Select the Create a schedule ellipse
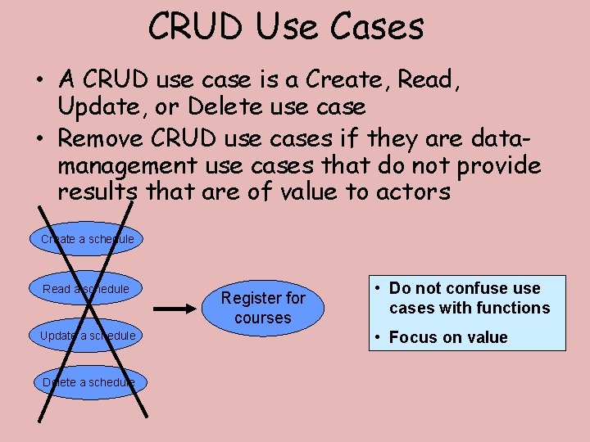[x=88, y=239]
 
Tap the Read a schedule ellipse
[x=86, y=288]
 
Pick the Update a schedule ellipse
[x=88, y=336]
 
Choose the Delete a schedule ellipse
[x=88, y=382]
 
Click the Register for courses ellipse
[x=262, y=308]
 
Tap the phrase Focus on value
[x=448, y=337]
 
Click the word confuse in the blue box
[x=472, y=288]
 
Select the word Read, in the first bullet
[x=424, y=79]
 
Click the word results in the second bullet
[x=99, y=192]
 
